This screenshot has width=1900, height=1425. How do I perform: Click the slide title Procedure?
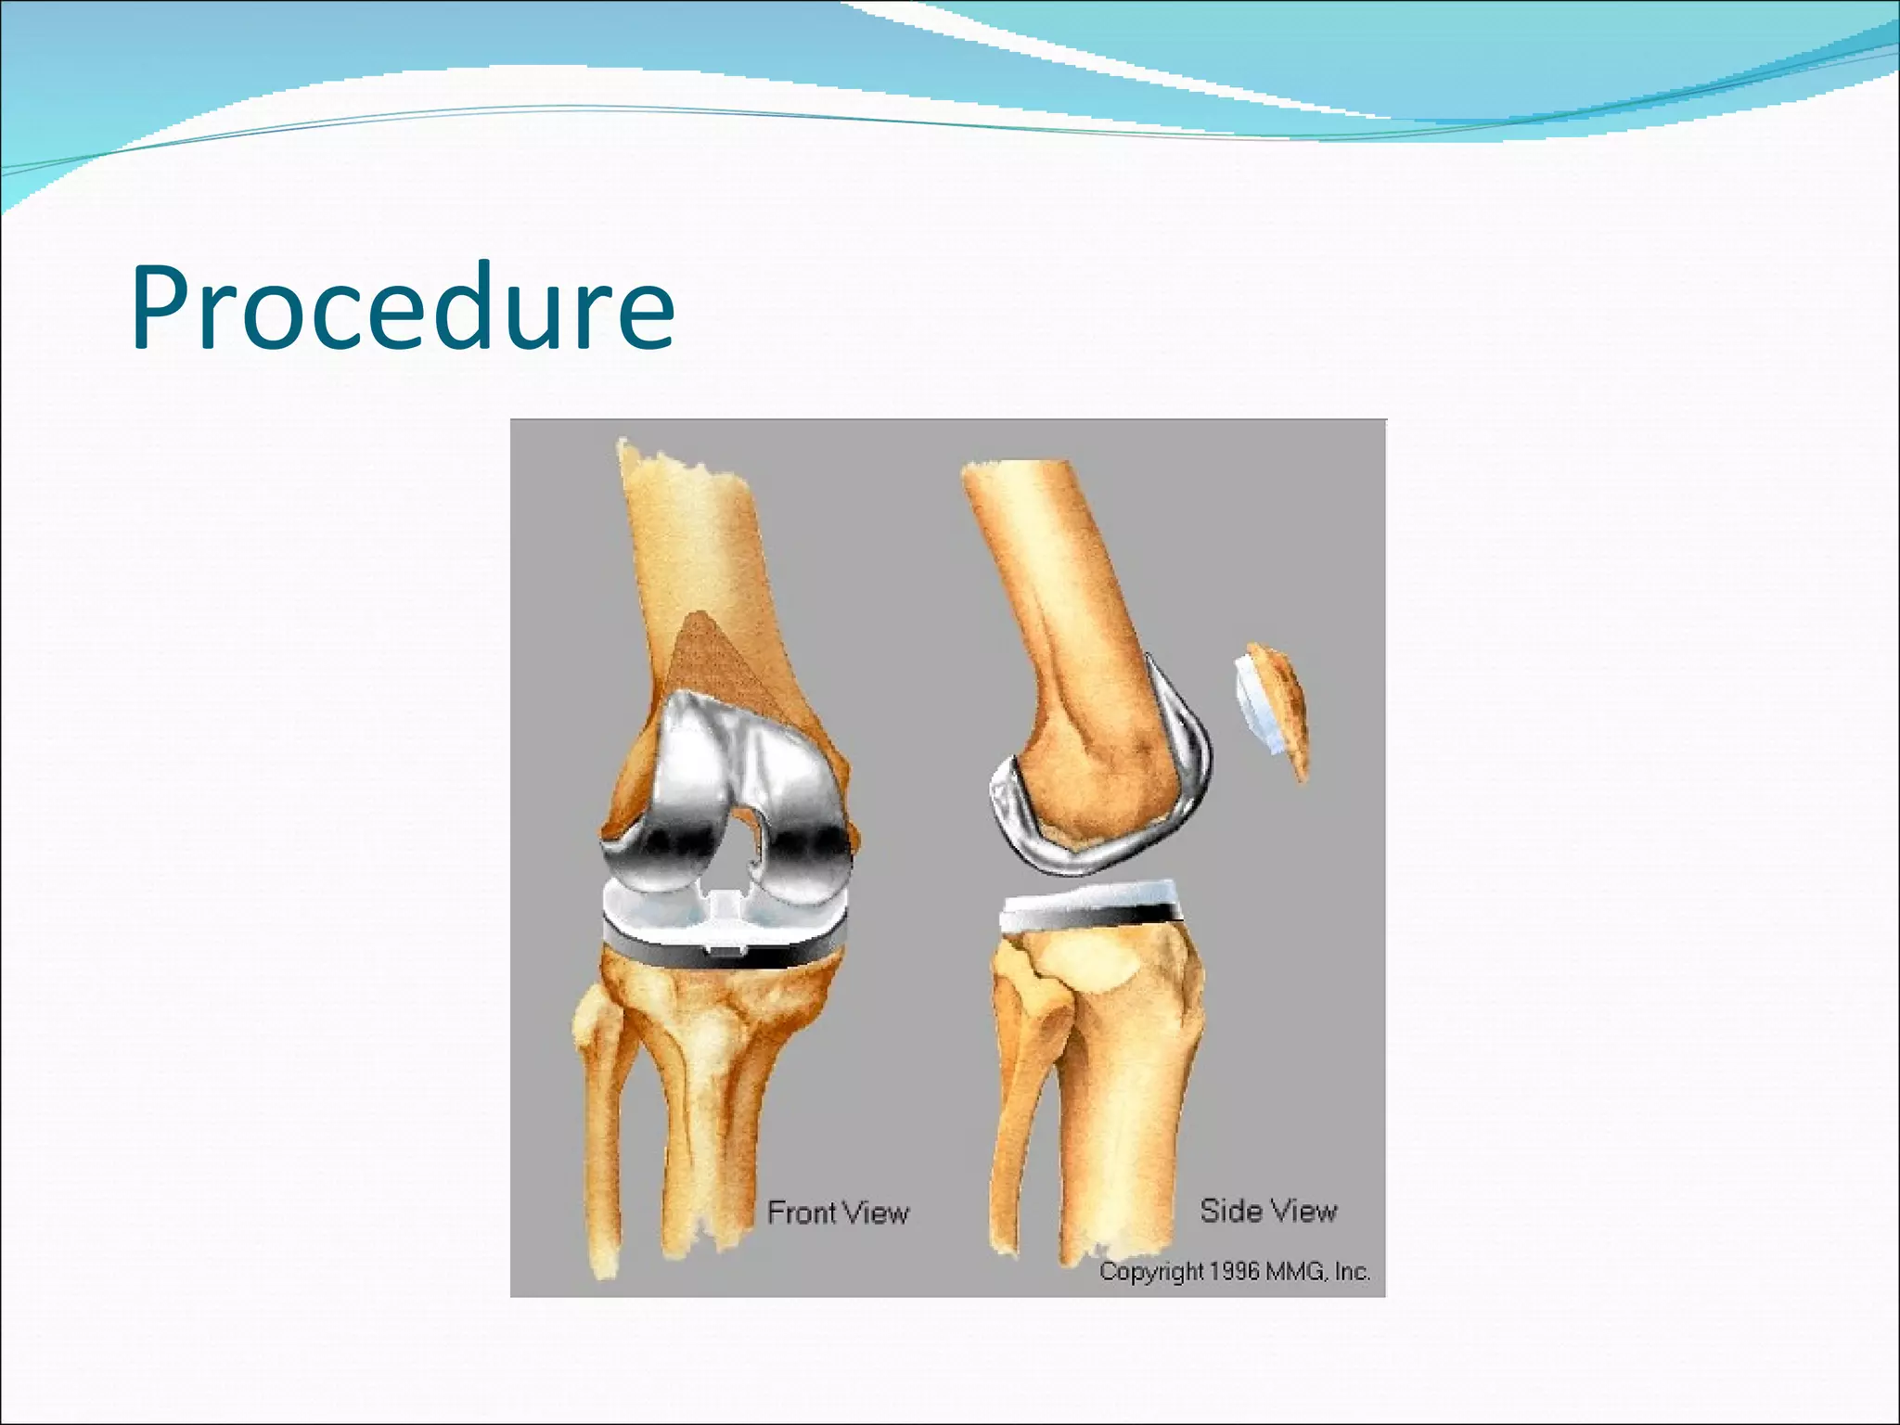point(403,308)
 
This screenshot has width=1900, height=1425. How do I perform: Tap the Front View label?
point(838,1213)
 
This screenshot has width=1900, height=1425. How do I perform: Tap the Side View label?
point(1268,1211)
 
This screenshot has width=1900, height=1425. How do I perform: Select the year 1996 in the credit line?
point(1233,1272)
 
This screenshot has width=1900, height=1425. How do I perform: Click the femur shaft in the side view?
point(1048,575)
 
